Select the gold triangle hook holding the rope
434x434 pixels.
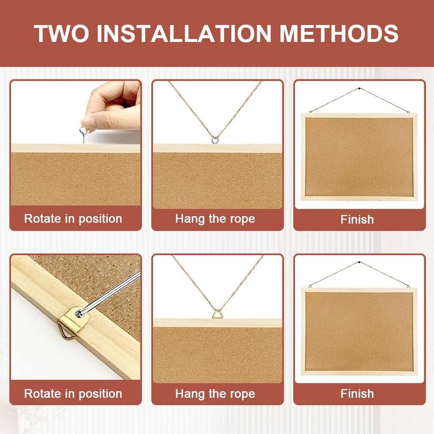(217, 314)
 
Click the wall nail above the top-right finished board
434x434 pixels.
(359, 89)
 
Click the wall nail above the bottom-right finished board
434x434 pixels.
(359, 263)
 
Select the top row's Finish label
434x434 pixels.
(357, 220)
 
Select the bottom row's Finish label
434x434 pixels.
(357, 394)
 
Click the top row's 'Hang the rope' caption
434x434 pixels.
(215, 219)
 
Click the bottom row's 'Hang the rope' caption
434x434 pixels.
(215, 394)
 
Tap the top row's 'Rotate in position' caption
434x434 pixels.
(73, 219)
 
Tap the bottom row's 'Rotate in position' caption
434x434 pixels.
(73, 394)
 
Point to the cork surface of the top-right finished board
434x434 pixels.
(359, 157)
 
